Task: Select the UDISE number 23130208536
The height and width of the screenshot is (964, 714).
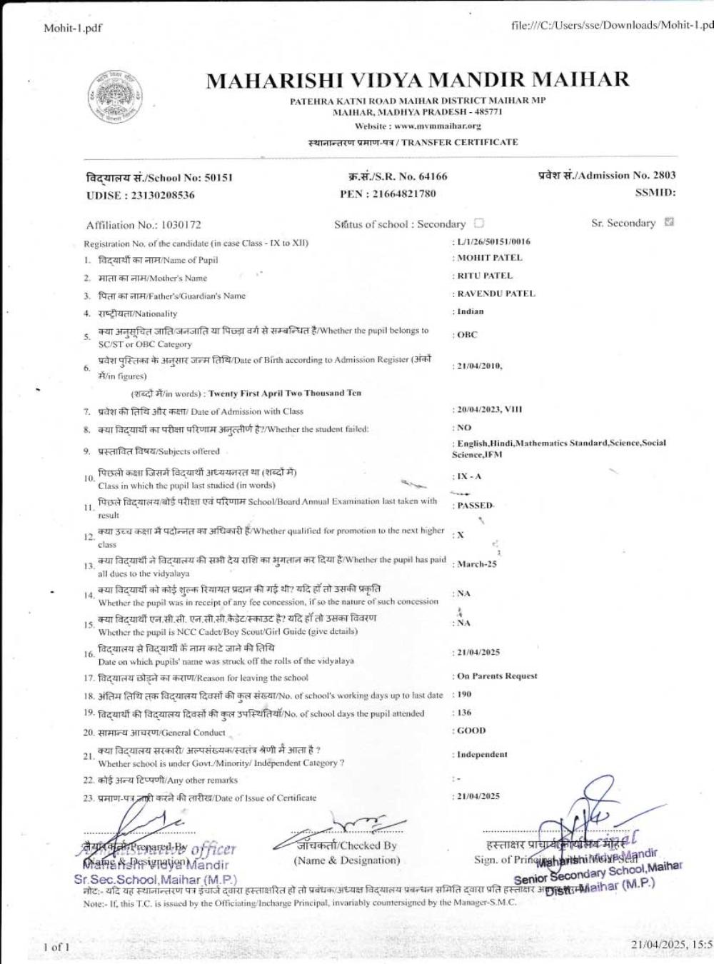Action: [161, 195]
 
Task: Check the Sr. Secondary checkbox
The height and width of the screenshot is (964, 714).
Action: [669, 222]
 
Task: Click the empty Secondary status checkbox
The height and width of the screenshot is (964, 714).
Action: [479, 224]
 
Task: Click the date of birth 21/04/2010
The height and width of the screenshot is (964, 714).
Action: [479, 366]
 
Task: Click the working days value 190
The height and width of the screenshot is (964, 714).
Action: [464, 694]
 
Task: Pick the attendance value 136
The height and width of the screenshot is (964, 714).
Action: [464, 713]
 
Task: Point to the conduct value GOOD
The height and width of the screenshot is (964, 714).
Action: [471, 730]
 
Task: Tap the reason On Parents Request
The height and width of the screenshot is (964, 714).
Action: [497, 676]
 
